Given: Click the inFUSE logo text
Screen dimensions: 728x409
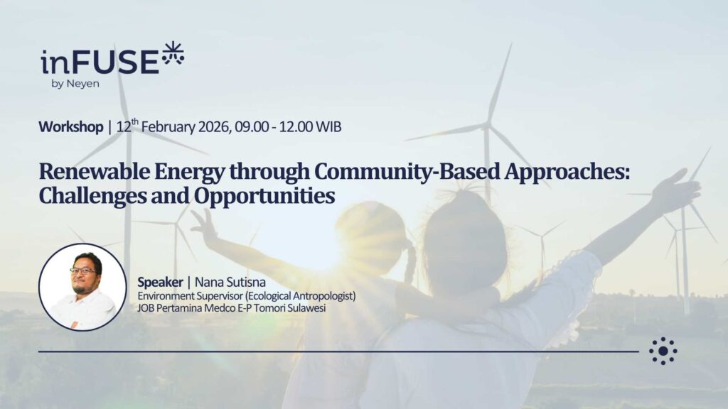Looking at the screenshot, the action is [100, 62].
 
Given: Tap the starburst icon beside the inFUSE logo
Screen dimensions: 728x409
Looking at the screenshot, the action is [173, 53].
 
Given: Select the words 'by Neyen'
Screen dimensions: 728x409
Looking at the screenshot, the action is [75, 84].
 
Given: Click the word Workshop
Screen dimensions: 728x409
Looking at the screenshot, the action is [71, 126].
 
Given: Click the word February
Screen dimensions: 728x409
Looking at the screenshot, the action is [168, 127].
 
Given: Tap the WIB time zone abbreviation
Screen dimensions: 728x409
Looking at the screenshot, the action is [328, 126].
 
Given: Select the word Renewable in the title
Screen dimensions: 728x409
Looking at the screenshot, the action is [95, 171].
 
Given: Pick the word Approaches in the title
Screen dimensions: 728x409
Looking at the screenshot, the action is [567, 173].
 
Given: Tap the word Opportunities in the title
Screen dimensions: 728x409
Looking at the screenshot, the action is [264, 197].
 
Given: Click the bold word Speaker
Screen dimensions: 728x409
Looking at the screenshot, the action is [160, 282].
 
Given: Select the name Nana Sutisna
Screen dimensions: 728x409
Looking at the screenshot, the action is [230, 282].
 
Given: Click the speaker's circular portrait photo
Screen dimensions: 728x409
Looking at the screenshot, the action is [82, 287].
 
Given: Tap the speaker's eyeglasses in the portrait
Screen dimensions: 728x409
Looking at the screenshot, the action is [84, 271].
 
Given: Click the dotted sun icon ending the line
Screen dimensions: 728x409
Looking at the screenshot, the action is [663, 351].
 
